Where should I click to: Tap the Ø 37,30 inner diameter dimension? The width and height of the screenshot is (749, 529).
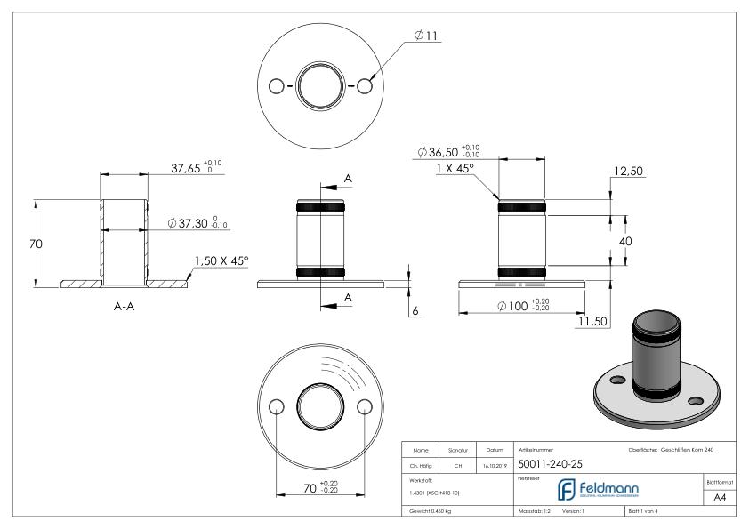198,223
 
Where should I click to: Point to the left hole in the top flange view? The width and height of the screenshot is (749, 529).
276,86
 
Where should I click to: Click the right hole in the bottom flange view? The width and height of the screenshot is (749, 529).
362,406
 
